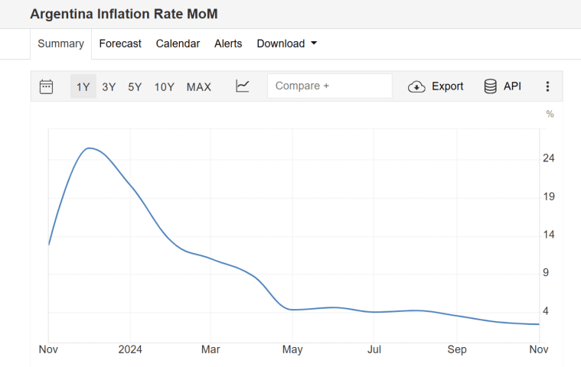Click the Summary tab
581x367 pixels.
tap(60, 44)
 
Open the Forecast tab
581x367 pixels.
tap(120, 44)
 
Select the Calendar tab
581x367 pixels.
tap(178, 44)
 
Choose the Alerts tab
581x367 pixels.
tap(228, 44)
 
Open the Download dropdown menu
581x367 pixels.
tap(286, 44)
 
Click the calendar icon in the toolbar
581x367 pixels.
tap(46, 86)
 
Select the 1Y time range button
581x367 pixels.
tap(83, 86)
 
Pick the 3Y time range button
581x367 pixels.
tap(109, 86)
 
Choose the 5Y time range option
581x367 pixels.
tap(135, 86)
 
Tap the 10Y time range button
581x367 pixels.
tap(165, 86)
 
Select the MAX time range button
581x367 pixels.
tap(199, 86)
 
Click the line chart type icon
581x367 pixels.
tap(243, 86)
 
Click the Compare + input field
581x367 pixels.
tap(329, 86)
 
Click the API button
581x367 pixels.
tap(502, 86)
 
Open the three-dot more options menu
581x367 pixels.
tap(547, 86)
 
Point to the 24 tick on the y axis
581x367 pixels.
tap(548, 158)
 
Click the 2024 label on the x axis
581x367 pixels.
tap(130, 349)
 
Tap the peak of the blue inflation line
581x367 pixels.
tap(90, 148)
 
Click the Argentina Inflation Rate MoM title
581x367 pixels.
tap(123, 15)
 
